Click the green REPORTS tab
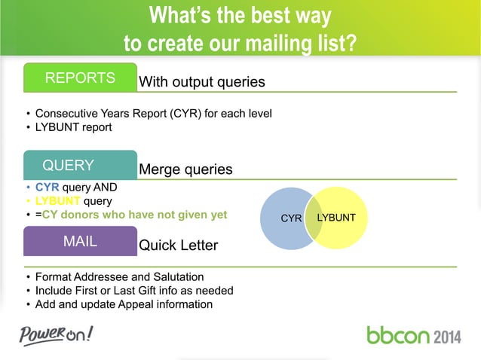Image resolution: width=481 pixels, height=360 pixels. pos(80,78)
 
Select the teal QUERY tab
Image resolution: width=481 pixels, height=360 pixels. pos(68,166)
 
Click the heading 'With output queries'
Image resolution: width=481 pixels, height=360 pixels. pos(201,81)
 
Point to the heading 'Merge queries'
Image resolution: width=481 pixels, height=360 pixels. pos(185,169)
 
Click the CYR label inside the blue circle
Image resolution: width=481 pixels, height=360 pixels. pos(291,218)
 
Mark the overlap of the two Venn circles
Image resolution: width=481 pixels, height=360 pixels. pos(314,218)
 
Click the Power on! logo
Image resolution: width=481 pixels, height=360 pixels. pos(57,334)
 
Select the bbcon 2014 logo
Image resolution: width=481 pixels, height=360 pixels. pos(414,334)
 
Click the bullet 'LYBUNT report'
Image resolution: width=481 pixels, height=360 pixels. pos(73,127)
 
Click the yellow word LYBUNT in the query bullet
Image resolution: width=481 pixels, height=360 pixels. pos(58,201)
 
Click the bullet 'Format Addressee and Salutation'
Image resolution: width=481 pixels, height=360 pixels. pos(119,277)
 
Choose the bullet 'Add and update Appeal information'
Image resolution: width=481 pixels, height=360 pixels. pos(124,304)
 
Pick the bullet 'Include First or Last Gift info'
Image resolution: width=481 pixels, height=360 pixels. pos(134,291)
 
